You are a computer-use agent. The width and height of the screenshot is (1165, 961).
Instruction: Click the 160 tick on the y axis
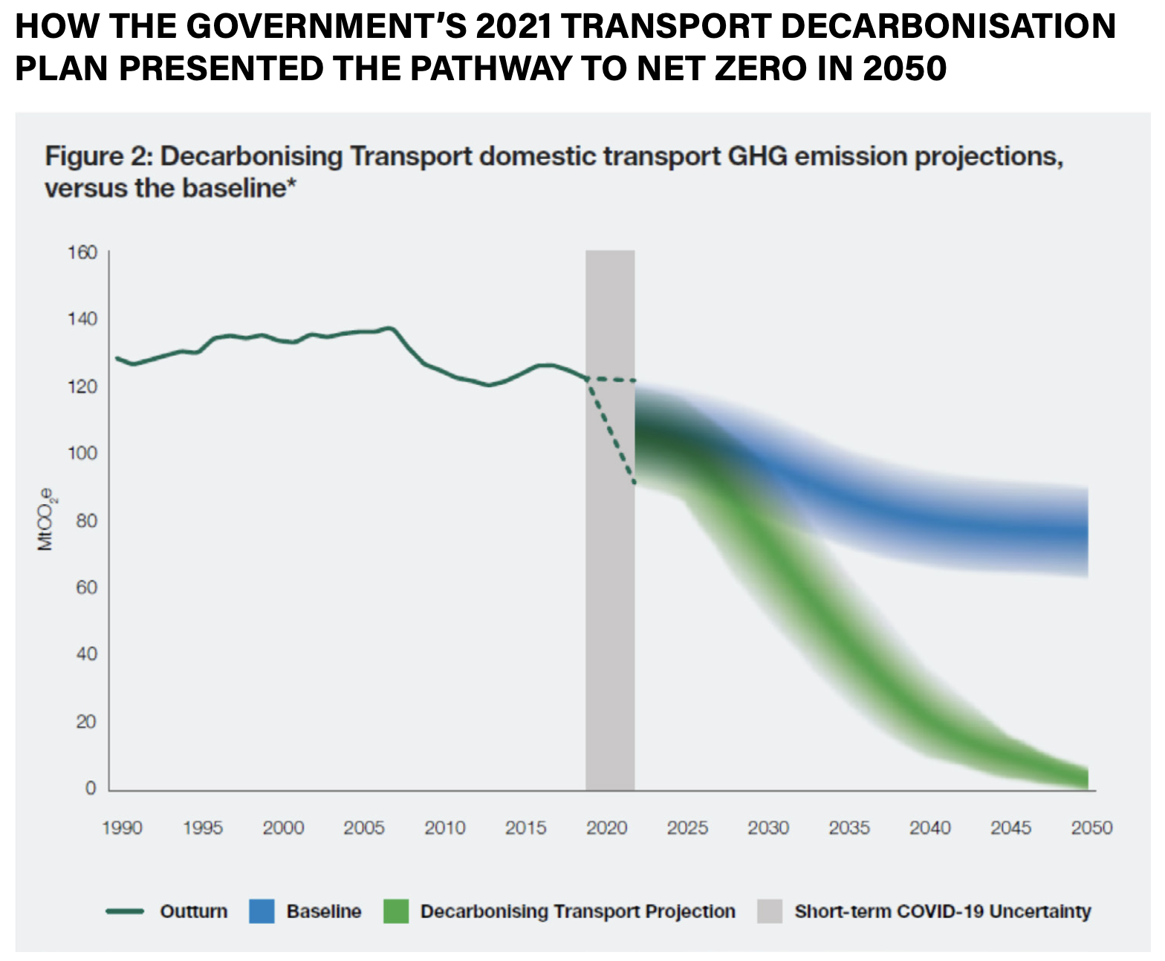tap(82, 253)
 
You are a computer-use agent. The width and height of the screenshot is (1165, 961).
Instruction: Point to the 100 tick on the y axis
tap(82, 453)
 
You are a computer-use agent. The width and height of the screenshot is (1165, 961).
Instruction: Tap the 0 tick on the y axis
tap(91, 788)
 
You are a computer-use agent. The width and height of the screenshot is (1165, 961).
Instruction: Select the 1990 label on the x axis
tap(122, 827)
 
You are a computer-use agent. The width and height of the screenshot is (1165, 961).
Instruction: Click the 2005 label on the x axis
tap(364, 827)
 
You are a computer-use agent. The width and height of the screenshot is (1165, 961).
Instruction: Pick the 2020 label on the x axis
tap(606, 827)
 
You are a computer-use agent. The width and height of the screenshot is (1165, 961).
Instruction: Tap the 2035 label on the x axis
tap(849, 827)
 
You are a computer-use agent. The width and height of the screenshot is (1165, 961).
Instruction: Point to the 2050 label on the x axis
tap(1091, 827)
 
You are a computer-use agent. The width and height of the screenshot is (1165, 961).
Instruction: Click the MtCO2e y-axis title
tap(46, 519)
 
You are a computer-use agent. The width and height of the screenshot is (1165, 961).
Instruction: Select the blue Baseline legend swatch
tap(262, 911)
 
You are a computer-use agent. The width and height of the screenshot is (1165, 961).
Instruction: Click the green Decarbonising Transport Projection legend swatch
tap(396, 911)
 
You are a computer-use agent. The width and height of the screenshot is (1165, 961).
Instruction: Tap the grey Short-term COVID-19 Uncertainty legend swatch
tap(770, 911)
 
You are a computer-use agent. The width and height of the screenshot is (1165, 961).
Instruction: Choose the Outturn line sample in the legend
tap(125, 911)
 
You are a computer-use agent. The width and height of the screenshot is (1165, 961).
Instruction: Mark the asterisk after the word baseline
tap(292, 183)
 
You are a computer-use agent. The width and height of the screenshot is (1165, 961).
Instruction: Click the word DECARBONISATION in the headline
tap(950, 27)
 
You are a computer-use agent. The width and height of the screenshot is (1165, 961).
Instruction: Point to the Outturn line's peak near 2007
tap(389, 328)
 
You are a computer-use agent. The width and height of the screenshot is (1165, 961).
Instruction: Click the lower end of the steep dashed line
tap(634, 483)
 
